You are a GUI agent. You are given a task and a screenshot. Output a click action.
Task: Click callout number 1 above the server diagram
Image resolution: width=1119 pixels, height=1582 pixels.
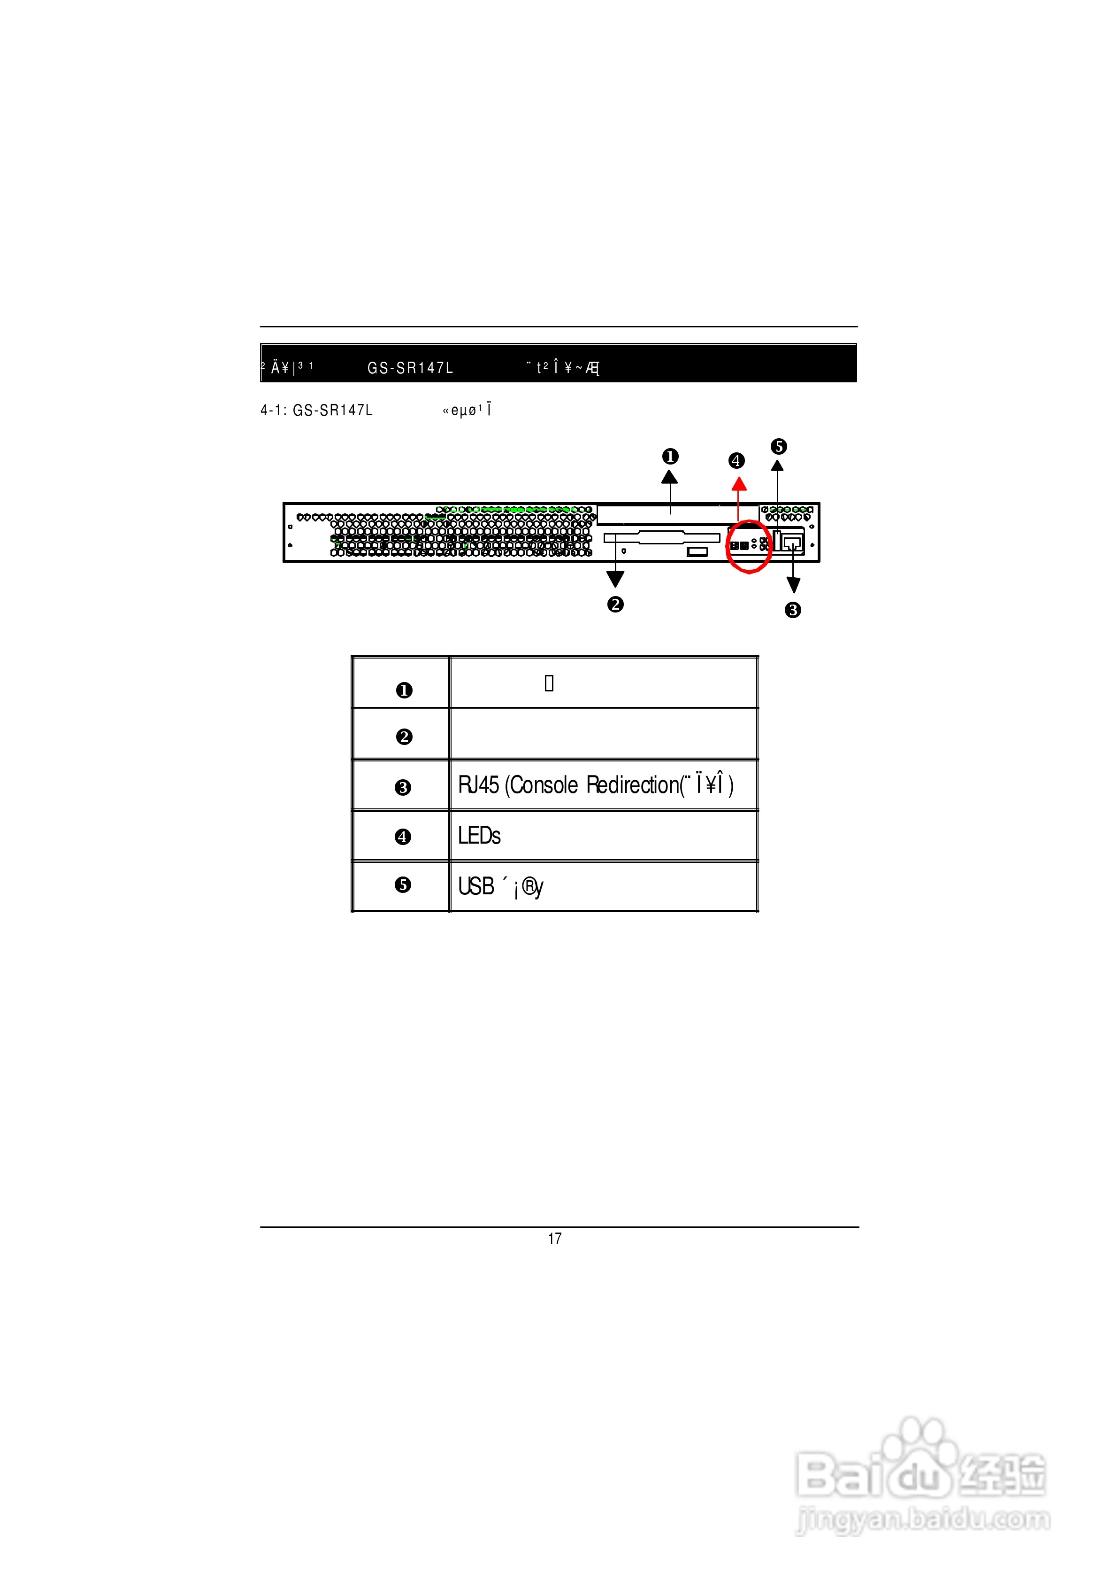coord(670,457)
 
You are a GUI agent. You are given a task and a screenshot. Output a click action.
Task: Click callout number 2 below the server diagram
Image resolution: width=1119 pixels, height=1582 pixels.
coord(615,605)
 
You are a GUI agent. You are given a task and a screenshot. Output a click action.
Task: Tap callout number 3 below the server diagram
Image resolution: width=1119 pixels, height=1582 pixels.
coord(793,610)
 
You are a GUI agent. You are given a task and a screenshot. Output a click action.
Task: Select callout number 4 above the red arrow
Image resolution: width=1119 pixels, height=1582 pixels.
coord(736,460)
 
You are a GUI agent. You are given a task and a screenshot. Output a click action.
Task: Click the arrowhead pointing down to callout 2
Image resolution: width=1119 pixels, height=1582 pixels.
coord(615,579)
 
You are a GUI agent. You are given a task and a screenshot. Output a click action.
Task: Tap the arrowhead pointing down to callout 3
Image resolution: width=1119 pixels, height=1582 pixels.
coord(794,585)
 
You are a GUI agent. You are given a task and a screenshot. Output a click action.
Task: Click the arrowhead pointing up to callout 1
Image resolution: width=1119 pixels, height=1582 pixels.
coord(670,477)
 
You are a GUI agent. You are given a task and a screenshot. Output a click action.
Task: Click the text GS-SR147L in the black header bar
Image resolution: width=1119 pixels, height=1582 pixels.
coord(410,368)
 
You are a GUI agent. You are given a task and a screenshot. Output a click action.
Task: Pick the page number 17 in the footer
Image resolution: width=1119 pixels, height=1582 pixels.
coord(555,1239)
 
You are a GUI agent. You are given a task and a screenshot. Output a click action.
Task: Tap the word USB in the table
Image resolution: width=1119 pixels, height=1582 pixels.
coord(476,886)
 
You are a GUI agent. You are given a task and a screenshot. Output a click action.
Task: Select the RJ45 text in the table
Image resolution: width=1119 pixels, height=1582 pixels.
coord(479,785)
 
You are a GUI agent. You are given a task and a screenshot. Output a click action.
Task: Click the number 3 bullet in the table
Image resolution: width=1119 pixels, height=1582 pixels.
coord(403,787)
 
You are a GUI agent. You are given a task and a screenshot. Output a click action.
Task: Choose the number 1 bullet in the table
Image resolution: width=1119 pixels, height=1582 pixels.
coord(405,690)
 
